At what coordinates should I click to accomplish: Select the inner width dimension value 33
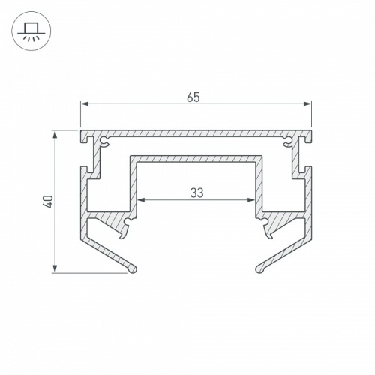click(x=196, y=192)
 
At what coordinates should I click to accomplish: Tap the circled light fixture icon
click(x=31, y=31)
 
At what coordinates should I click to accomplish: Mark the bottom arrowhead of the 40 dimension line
click(x=56, y=268)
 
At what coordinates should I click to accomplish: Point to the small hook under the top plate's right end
click(x=289, y=141)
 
